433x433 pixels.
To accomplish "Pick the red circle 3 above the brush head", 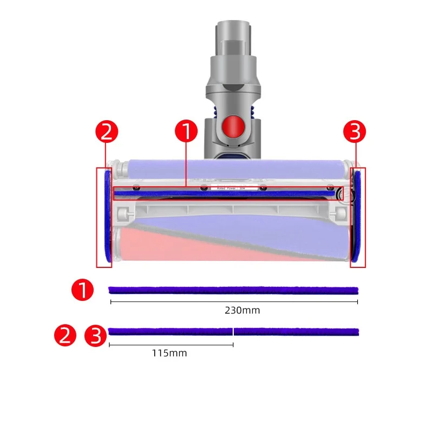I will [356, 132].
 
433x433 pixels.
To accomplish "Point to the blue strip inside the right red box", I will [357, 216].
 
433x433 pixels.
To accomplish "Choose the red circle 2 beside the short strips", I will [65, 336].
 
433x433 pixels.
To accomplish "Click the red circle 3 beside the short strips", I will [96, 336].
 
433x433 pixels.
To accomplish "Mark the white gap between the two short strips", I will [233, 331].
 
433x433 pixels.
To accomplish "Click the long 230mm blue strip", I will [233, 290].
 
